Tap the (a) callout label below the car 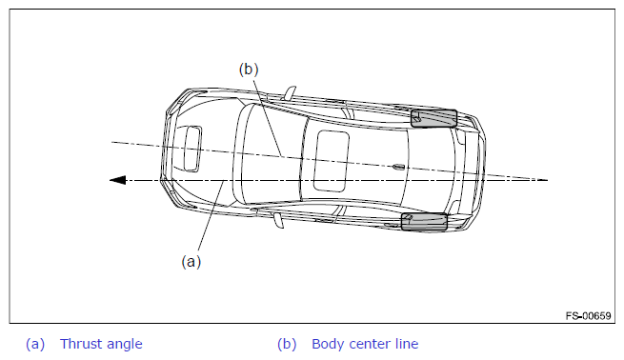coord(191,262)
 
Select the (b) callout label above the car coord(249,70)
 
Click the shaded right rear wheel coord(433,118)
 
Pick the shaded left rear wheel coord(424,222)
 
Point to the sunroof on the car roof coord(332,161)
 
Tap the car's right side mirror coord(291,91)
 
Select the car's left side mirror coord(278,220)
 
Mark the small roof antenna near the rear coord(398,167)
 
